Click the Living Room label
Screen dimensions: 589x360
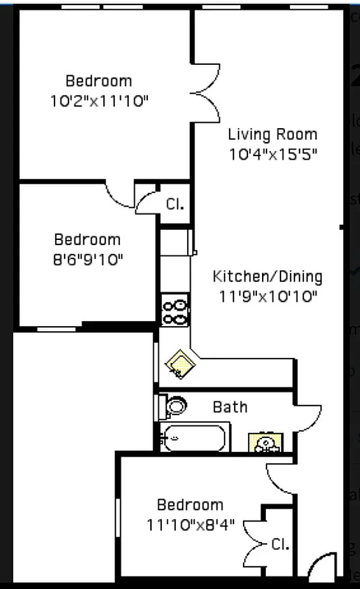point(272,134)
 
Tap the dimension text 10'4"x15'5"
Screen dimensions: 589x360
point(272,154)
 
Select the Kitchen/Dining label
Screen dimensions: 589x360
point(267,277)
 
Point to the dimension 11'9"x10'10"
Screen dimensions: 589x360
point(267,297)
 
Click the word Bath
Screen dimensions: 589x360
point(230,406)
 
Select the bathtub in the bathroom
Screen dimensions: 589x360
point(194,438)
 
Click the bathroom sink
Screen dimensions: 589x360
point(267,443)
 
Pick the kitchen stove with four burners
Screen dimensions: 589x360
point(175,309)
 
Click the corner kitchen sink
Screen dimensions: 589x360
point(179,362)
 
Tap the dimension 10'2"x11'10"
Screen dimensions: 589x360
point(99,101)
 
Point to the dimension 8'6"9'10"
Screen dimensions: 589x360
point(87,259)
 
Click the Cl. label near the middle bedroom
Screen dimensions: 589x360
point(174,204)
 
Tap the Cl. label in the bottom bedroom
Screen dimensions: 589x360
point(280,545)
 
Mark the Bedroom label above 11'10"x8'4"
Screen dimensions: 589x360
point(190,505)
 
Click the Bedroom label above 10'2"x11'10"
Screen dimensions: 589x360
point(99,81)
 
